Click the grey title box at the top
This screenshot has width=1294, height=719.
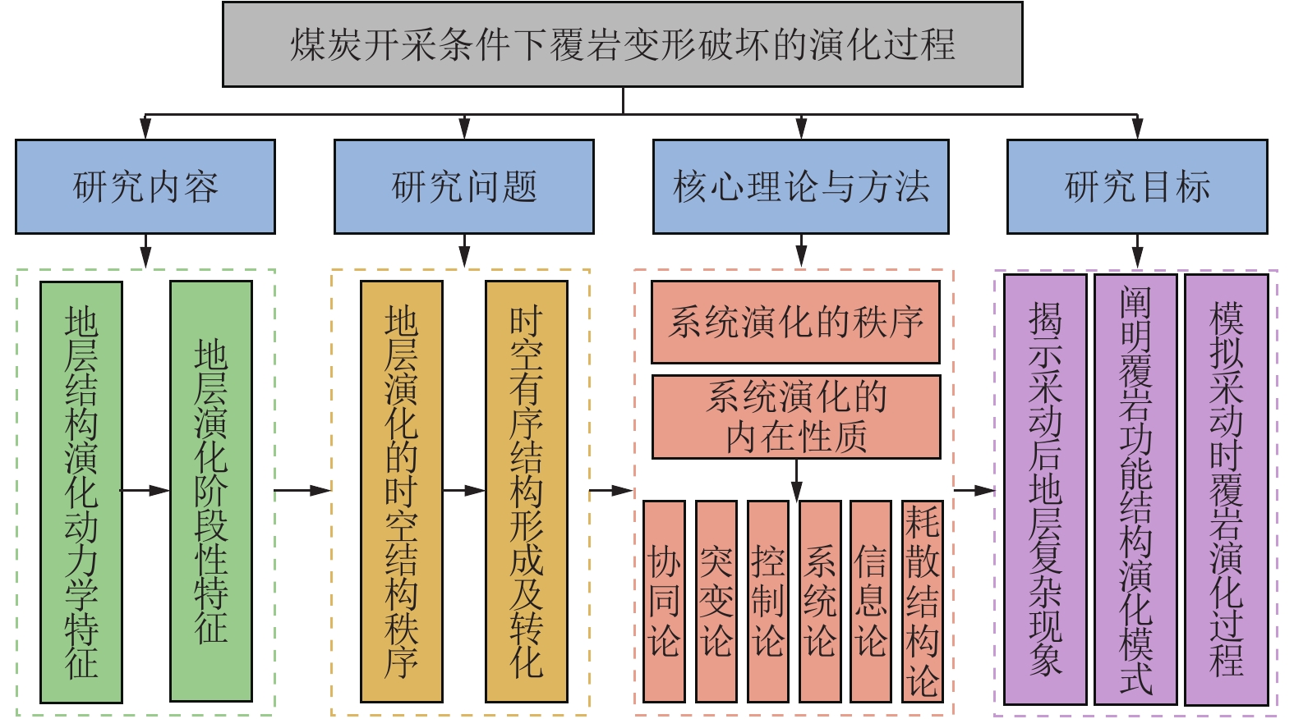tap(622, 44)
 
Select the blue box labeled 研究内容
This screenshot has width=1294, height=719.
tap(145, 186)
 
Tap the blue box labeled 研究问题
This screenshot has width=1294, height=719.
tap(463, 186)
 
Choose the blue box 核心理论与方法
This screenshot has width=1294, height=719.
tap(800, 186)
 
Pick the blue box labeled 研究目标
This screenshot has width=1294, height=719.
tap(1136, 186)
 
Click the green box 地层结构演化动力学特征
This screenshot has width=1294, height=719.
tap(81, 492)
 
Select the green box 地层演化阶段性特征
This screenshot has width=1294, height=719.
tap(211, 492)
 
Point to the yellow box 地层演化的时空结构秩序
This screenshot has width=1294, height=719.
tap(402, 492)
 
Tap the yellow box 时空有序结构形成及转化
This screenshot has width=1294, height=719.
tap(527, 492)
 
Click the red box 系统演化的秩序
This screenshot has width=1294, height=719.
tap(795, 322)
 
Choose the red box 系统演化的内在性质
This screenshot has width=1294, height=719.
tap(795, 417)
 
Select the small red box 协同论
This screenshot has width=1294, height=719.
tap(664, 601)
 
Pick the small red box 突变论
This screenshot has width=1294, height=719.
tap(716, 601)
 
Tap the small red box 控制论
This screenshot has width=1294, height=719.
tap(767, 601)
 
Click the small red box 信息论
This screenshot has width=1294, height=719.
tap(870, 601)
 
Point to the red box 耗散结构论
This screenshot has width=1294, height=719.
tap(922, 601)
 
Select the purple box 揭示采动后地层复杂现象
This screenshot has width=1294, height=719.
tap(1045, 489)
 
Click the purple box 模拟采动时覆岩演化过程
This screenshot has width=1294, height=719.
tap(1226, 489)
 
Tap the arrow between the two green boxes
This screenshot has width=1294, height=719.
tap(146, 491)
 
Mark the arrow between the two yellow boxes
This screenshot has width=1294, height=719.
tap(464, 491)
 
